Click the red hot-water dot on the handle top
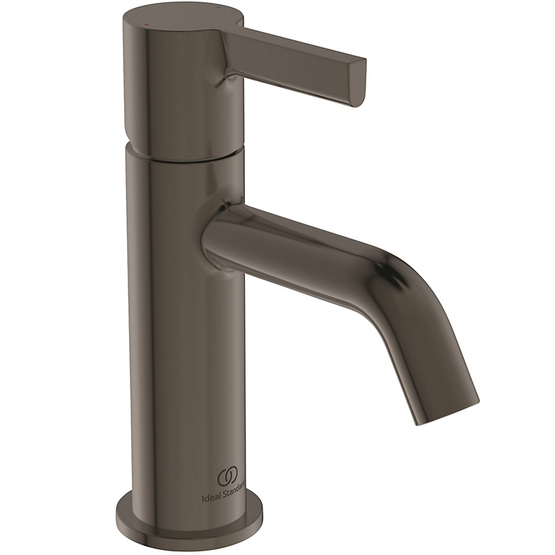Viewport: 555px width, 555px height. point(144,23)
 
